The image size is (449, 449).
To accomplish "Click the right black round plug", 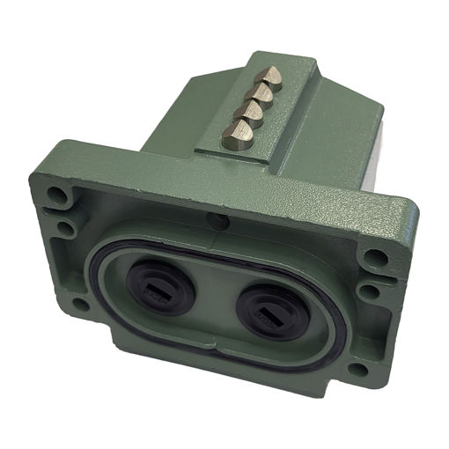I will pyautogui.click(x=269, y=309).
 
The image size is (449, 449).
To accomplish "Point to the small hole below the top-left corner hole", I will pyautogui.click(x=64, y=228).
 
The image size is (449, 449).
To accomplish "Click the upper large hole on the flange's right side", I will pyautogui.click(x=377, y=258).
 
